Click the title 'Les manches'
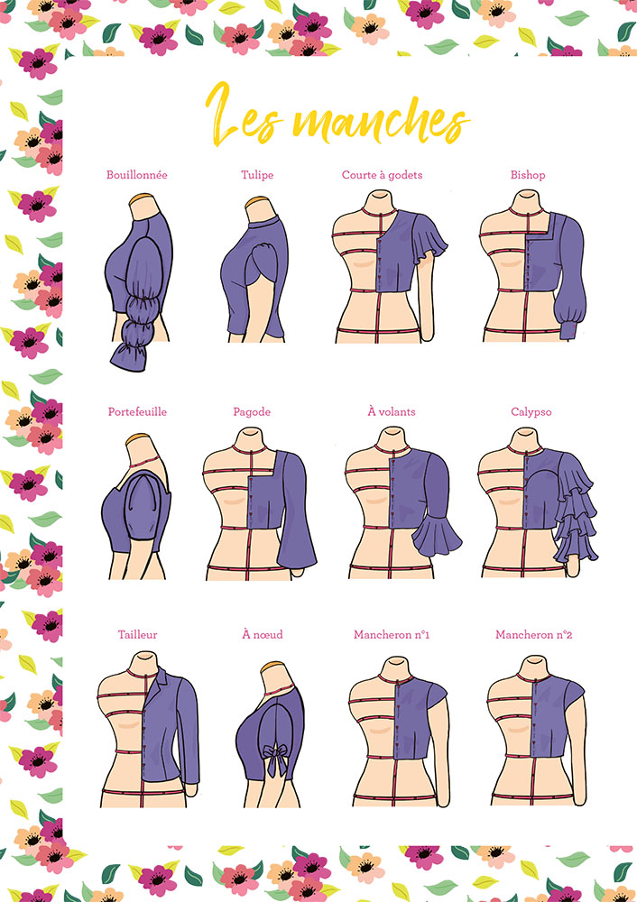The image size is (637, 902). tap(337, 115)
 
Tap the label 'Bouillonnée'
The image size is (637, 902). tap(137, 175)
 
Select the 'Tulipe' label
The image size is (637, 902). tap(257, 175)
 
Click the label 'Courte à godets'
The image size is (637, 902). tap(382, 175)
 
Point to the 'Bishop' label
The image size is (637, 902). tap(528, 175)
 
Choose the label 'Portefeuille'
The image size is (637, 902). tap(137, 412)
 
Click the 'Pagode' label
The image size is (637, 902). tap(252, 412)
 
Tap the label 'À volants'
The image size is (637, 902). tap(392, 411)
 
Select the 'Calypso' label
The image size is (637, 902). tap(531, 412)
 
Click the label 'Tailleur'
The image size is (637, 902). tap(137, 634)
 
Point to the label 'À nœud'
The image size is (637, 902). tap(263, 634)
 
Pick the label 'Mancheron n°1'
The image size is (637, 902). tap(392, 634)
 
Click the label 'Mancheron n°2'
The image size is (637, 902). tap(534, 634)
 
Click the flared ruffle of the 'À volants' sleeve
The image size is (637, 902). tap(437, 534)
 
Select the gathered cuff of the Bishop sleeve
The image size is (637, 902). tap(568, 329)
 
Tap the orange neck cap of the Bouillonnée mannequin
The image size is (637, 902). tap(143, 198)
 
